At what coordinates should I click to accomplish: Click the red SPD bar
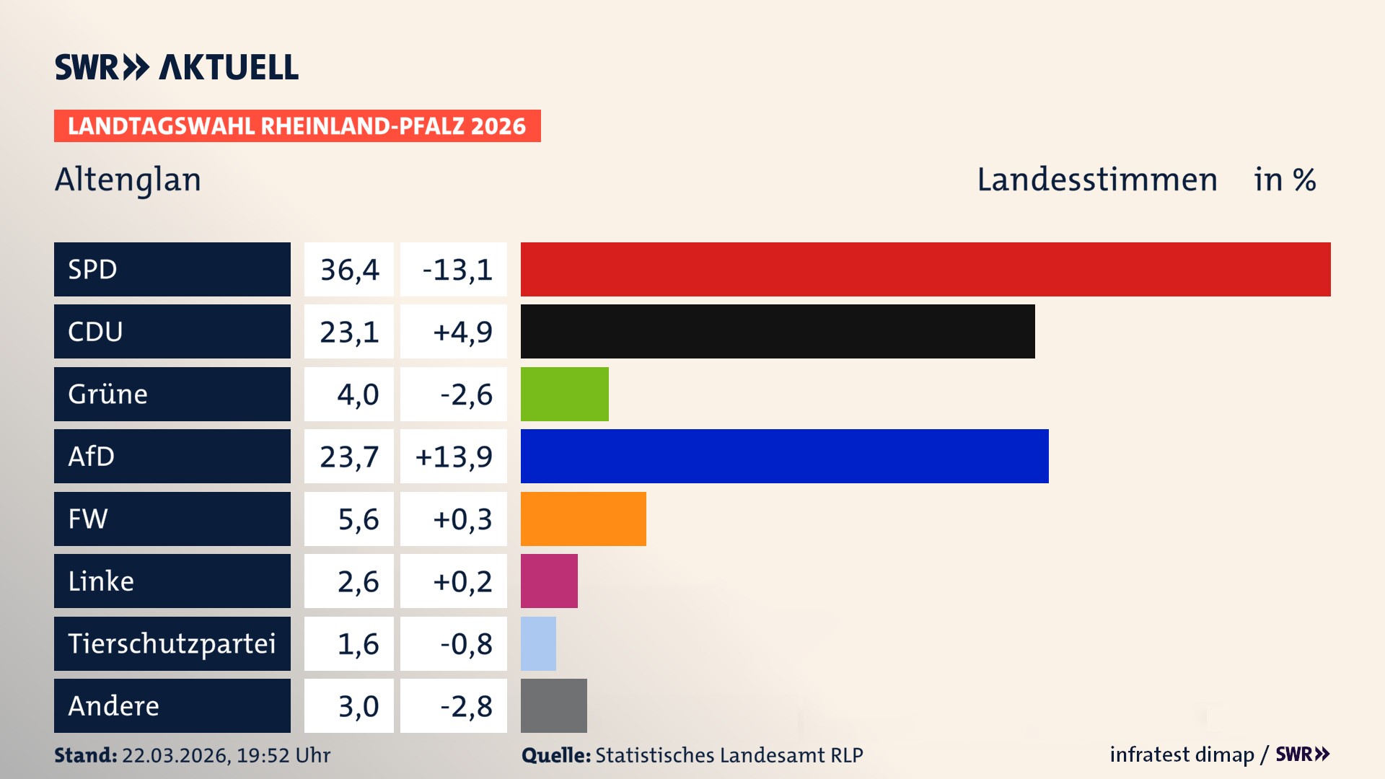pos(925,269)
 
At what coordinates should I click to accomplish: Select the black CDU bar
pos(778,331)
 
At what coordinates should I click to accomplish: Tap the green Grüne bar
pos(564,394)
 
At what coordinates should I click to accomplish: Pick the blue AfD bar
pos(784,456)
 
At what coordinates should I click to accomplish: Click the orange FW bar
pos(583,519)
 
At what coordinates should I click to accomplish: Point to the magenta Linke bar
pos(549,581)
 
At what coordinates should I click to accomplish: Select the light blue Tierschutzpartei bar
pos(538,643)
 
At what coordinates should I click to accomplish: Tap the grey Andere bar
pos(553,705)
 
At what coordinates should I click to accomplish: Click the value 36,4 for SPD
pos(349,270)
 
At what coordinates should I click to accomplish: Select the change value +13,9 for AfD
pos(454,457)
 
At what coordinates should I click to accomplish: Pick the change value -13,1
pos(457,270)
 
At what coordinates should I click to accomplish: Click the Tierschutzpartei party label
pos(172,643)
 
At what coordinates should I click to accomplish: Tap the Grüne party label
pos(108,395)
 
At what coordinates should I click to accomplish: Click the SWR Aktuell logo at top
pos(176,67)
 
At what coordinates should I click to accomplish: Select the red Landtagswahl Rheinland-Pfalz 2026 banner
pos(296,126)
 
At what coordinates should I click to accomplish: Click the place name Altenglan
pos(128,180)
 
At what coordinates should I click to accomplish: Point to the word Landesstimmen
pos(1096,180)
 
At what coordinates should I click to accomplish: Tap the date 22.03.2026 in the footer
pos(175,755)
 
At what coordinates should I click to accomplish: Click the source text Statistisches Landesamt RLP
pos(729,755)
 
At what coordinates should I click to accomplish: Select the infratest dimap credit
pos(1181,754)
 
